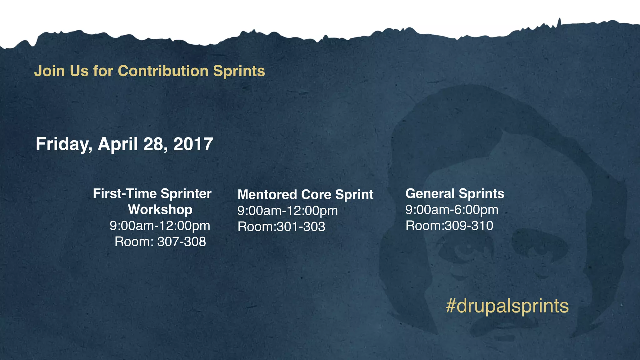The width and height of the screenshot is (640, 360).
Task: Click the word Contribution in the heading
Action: point(163,71)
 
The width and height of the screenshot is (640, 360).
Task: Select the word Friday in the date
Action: point(63,144)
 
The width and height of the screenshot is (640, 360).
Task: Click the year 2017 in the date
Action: point(193,144)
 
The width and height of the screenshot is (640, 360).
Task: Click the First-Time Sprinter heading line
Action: point(152,194)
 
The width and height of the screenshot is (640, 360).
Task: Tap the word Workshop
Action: point(160,209)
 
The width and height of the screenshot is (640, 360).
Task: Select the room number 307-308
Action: point(182,242)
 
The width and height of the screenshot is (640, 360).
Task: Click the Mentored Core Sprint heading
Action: point(305,194)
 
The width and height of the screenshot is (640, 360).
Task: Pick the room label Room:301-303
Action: point(281,227)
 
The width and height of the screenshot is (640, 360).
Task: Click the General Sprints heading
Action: point(455,193)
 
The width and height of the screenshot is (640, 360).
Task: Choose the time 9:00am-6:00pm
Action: point(452,210)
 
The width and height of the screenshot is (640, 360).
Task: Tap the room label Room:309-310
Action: point(449,226)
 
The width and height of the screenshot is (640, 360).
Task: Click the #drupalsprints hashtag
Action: point(507,306)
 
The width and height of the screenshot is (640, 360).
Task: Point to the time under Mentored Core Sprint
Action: point(287,211)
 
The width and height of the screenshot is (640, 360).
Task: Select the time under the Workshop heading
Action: point(160,226)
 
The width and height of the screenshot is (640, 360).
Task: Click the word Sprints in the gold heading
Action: point(239,71)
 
